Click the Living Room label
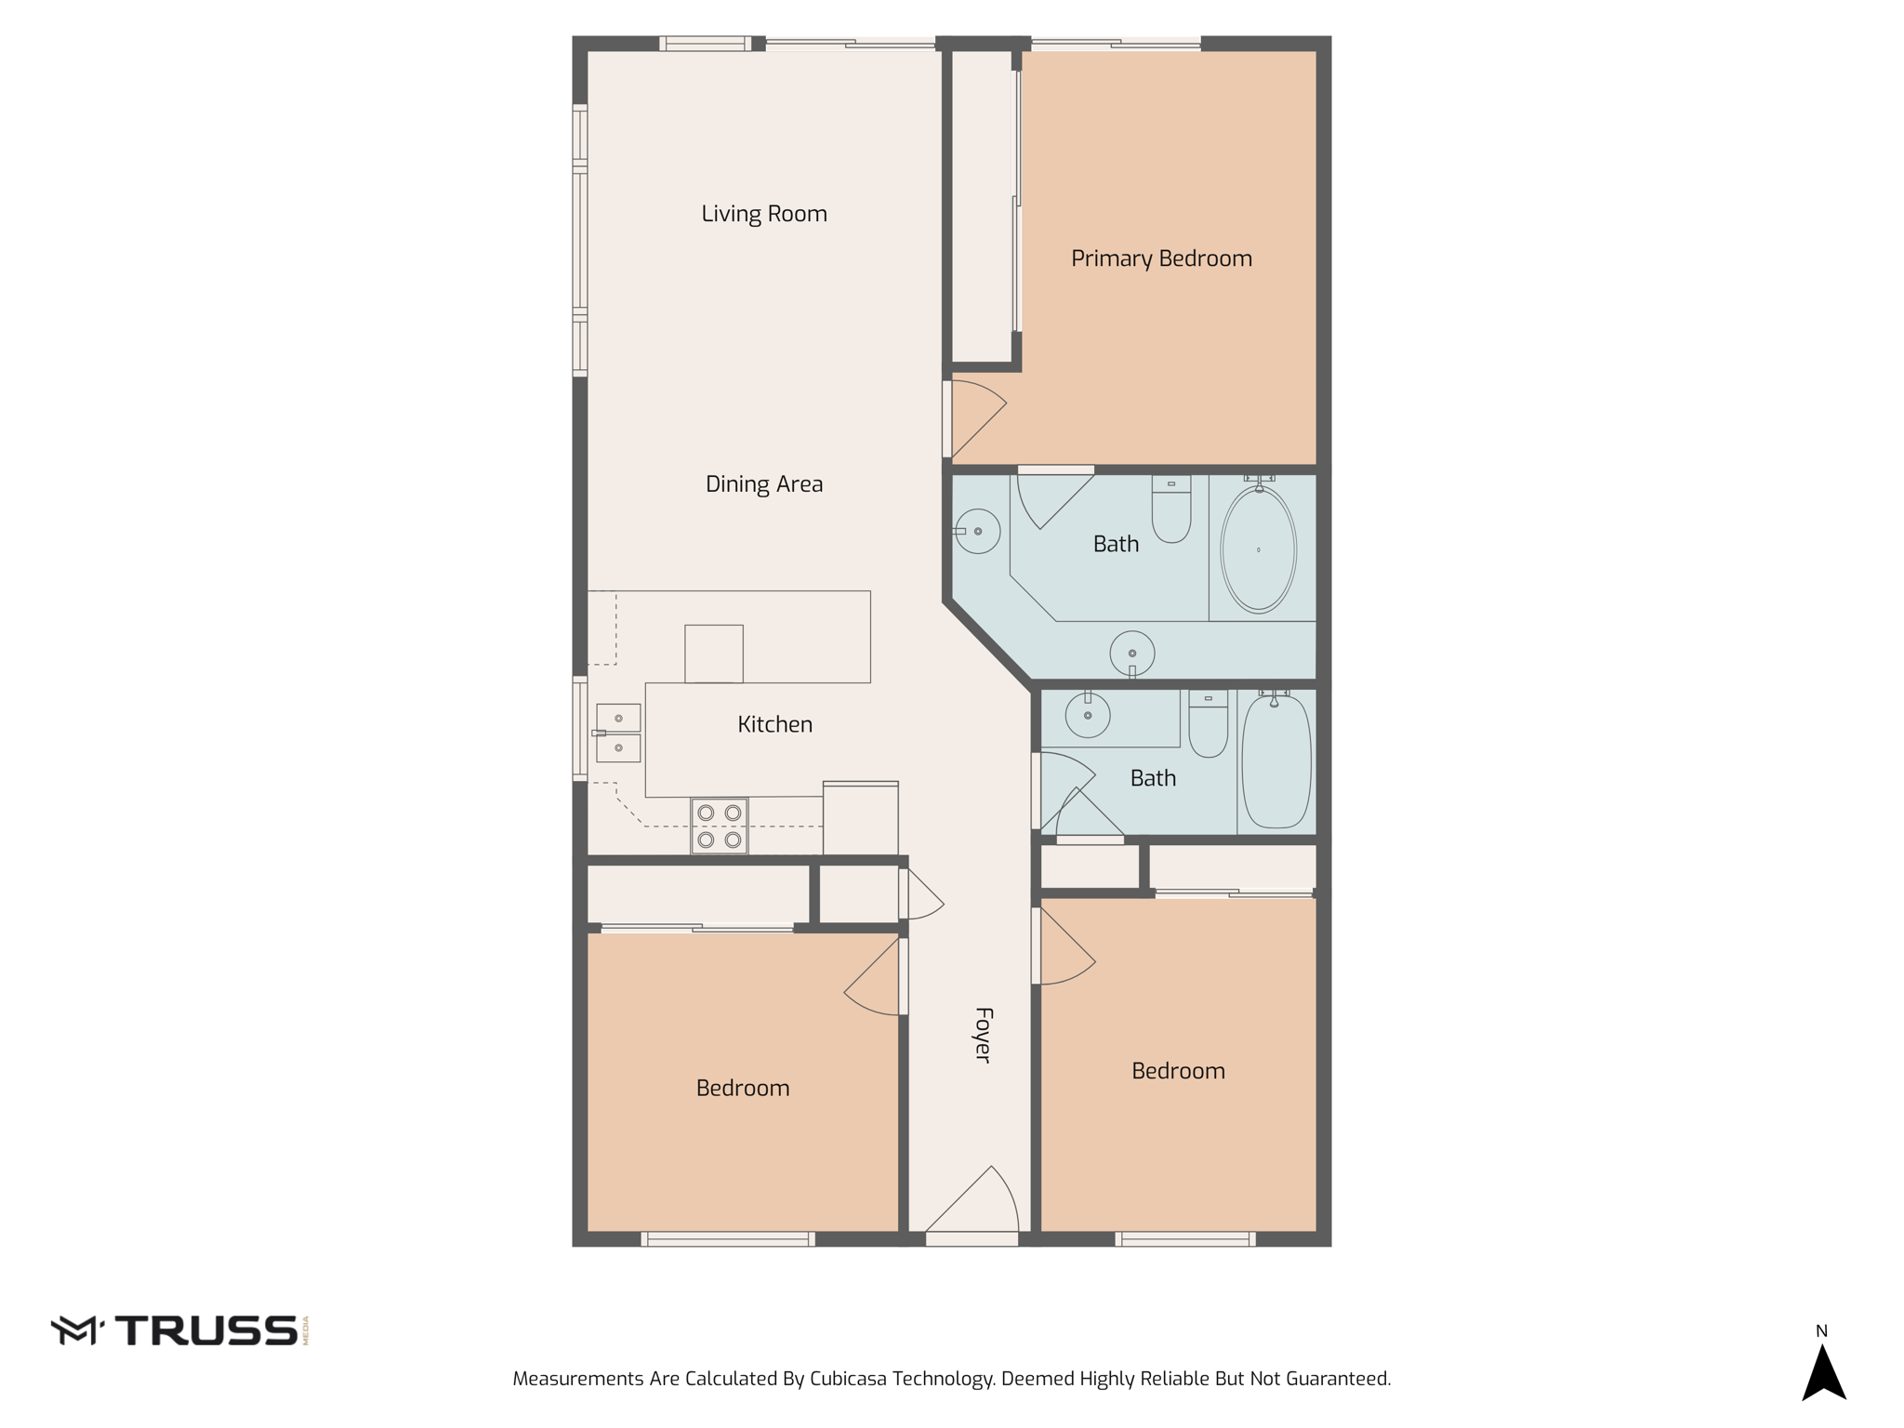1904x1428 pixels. [763, 214]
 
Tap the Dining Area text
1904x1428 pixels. [763, 484]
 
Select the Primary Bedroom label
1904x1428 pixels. [1161, 258]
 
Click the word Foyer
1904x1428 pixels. [983, 1034]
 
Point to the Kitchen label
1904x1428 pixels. [774, 724]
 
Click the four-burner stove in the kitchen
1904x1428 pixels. [719, 826]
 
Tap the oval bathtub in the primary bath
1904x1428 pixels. [1258, 549]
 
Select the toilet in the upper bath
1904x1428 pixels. [1171, 510]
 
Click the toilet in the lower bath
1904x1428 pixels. [1208, 724]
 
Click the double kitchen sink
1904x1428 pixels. [618, 734]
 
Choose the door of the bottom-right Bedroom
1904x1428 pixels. [1064, 948]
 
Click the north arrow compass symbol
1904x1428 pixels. [1823, 1371]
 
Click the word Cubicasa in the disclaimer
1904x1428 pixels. [848, 1379]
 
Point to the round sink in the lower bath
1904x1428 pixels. [1087, 716]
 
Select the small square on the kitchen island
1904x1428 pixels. [713, 654]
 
